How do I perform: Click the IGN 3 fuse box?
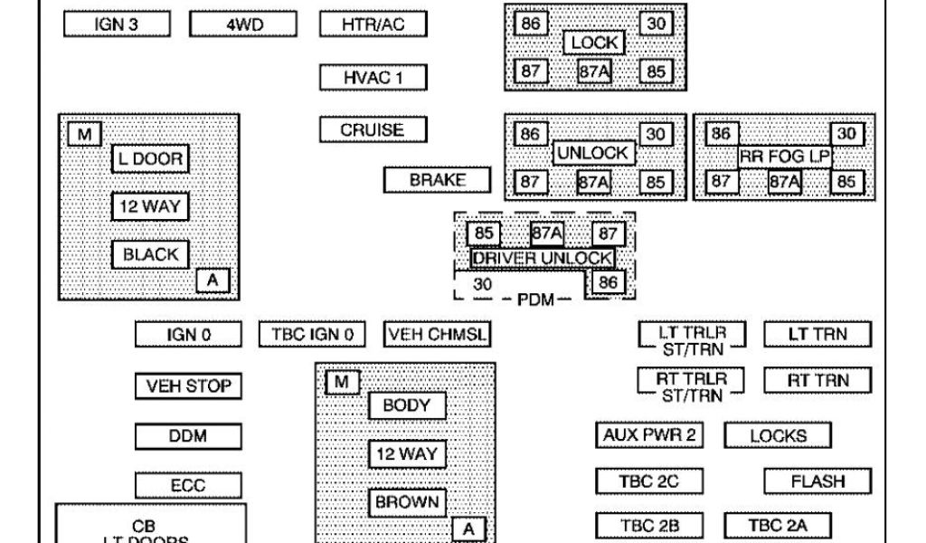pyautogui.click(x=117, y=24)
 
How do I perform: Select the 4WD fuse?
pyautogui.click(x=243, y=24)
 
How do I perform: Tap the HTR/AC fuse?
pyautogui.click(x=373, y=24)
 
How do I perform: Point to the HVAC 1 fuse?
pyautogui.click(x=373, y=77)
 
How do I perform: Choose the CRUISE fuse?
pyautogui.click(x=373, y=129)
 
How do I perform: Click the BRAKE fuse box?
pyautogui.click(x=438, y=180)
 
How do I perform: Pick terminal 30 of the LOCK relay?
pyautogui.click(x=656, y=24)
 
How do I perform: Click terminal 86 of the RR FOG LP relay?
pyautogui.click(x=720, y=134)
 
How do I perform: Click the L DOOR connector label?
pyautogui.click(x=150, y=159)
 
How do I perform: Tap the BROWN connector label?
pyautogui.click(x=407, y=501)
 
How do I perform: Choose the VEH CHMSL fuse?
pyautogui.click(x=438, y=334)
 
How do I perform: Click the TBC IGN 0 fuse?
pyautogui.click(x=312, y=334)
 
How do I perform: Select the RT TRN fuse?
pyautogui.click(x=817, y=380)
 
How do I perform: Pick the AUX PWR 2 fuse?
pyautogui.click(x=649, y=435)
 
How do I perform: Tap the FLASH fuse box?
pyautogui.click(x=817, y=481)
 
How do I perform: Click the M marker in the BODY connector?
pyautogui.click(x=341, y=383)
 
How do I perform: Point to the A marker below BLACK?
pyautogui.click(x=213, y=281)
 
